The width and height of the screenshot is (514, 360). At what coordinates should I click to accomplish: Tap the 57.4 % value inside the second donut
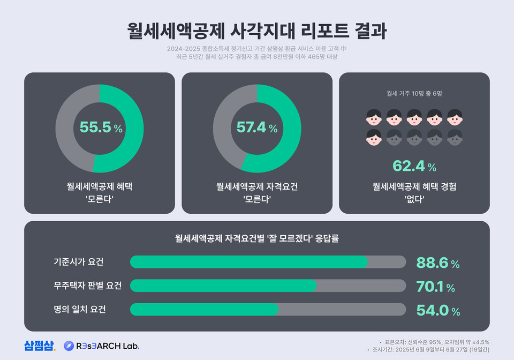tap(257, 128)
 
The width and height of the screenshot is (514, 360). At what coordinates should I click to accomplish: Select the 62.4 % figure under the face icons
tap(414, 166)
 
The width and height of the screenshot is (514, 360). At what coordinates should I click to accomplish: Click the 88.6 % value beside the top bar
tap(438, 263)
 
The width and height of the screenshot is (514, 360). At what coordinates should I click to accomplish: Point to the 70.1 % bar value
tap(435, 287)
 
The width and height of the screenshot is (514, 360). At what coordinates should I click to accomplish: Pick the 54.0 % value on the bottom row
tap(438, 311)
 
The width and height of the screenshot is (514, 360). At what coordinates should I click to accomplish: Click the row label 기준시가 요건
tap(78, 262)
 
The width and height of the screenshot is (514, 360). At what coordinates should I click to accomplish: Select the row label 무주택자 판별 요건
tap(87, 286)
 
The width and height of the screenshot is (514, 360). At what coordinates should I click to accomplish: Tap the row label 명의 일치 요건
tap(79, 309)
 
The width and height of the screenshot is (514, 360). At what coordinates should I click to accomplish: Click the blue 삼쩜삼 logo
tap(39, 346)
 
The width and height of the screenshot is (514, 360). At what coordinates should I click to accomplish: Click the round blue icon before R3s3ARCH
tap(69, 346)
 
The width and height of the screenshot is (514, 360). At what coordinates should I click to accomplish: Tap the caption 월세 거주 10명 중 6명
tap(414, 93)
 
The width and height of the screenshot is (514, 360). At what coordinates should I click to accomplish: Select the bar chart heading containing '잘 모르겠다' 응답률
tap(257, 238)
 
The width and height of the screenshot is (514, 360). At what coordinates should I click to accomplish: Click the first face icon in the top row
tap(374, 116)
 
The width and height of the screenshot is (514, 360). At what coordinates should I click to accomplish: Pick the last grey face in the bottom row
tap(455, 137)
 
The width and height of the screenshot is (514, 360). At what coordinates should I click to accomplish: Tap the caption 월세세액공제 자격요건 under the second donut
tap(257, 187)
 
